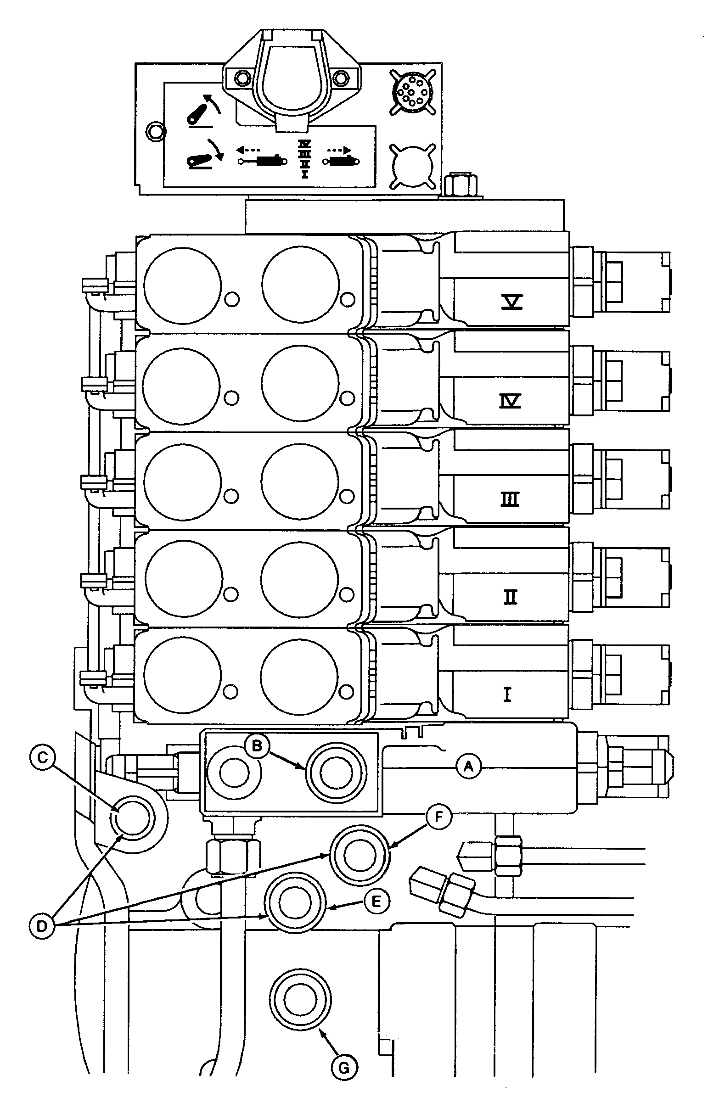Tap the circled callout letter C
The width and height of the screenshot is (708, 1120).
pos(42,758)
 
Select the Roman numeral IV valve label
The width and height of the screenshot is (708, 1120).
pos(510,400)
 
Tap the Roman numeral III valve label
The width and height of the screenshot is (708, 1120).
pos(510,499)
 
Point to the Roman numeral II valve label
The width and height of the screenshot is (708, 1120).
pos(510,597)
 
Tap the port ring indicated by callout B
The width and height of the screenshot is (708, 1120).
pos(335,773)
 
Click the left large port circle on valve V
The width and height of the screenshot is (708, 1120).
pos(182,286)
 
